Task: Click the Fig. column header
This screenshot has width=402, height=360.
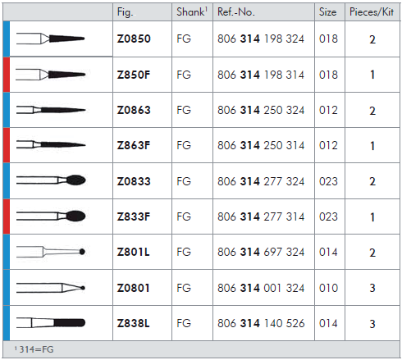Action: [x=125, y=12]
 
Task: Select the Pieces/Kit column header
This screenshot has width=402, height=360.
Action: [x=372, y=11]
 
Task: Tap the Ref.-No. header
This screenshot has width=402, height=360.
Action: [x=236, y=11]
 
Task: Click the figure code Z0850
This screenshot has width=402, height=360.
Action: [x=134, y=39]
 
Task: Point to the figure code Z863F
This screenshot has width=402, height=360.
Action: [x=134, y=145]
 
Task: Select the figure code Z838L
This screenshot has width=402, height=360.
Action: [x=133, y=323]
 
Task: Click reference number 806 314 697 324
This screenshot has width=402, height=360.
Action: [x=261, y=252]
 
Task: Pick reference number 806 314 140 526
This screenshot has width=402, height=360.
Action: [x=261, y=323]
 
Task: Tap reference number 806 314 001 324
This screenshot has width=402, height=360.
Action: [x=261, y=288]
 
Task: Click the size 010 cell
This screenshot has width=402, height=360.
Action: [x=328, y=288]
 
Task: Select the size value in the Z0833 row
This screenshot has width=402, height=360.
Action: [x=328, y=181]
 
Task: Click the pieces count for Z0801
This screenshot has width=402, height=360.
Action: [x=372, y=288]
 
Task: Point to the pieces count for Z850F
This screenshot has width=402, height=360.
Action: [x=372, y=75]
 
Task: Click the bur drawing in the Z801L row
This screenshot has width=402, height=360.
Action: [x=51, y=252]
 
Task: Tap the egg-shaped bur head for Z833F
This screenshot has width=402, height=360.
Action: [x=75, y=216]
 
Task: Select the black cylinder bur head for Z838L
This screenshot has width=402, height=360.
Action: [x=70, y=323]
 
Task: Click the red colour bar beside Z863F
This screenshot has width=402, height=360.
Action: [x=7, y=145]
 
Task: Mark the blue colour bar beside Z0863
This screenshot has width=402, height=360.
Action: [x=7, y=110]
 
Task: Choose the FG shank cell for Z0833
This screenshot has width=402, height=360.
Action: [x=184, y=181]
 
